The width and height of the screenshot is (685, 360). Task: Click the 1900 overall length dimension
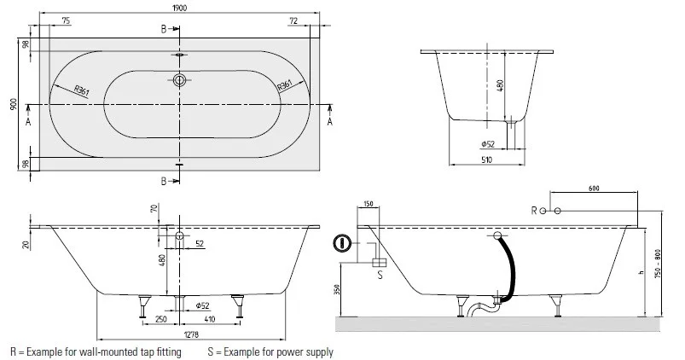[179, 8]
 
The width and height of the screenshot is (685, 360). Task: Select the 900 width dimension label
[14, 104]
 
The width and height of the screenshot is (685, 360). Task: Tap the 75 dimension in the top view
[66, 20]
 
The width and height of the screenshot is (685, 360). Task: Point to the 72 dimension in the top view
[293, 20]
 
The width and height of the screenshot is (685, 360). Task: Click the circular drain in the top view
[179, 80]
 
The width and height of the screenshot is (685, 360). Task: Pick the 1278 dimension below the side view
[191, 334]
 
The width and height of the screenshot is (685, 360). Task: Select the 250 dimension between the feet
[160, 319]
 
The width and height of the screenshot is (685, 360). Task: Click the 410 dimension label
[210, 319]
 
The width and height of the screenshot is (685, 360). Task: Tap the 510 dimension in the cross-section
[486, 160]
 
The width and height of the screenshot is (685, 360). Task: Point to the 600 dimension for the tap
[594, 189]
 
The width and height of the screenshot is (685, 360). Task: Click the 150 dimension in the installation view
[369, 204]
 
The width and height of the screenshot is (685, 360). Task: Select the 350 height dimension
[337, 290]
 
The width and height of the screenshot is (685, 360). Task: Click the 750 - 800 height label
[658, 264]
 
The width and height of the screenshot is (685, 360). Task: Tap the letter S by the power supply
[380, 276]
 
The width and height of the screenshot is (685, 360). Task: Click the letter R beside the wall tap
[534, 211]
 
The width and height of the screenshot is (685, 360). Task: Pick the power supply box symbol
[380, 262]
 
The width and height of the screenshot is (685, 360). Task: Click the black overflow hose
[511, 269]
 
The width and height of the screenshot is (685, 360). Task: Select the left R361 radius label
[82, 91]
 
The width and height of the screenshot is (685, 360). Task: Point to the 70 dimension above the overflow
[154, 208]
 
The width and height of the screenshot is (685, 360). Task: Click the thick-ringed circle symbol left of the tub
[342, 243]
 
